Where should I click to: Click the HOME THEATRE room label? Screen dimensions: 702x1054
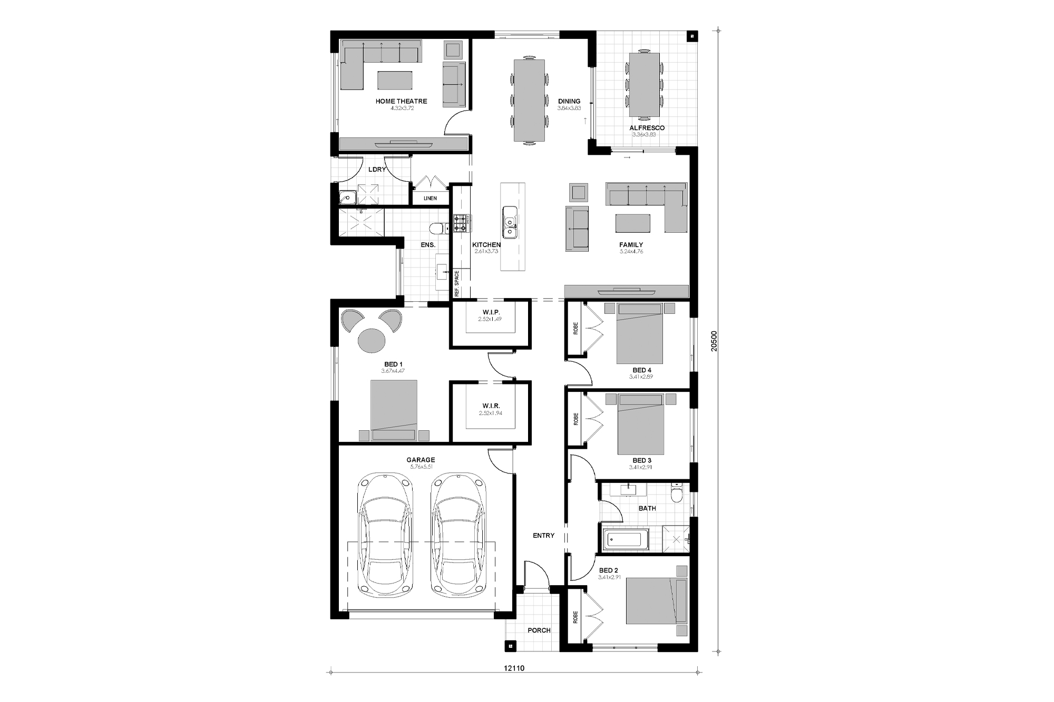pos(401,101)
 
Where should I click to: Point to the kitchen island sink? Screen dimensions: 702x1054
pos(510,222)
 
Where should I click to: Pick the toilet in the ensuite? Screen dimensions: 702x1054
pos(437,228)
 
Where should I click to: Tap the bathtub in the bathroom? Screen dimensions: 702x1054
pos(624,540)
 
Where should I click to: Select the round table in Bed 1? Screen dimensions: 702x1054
pos(372,340)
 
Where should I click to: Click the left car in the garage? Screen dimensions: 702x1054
pos(384,535)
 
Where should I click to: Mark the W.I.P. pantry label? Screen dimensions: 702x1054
pos(491,313)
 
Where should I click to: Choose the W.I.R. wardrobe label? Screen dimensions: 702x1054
pos(491,406)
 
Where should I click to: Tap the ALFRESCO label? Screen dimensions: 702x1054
pos(647,128)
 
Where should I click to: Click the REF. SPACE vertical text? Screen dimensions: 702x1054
pos(457,284)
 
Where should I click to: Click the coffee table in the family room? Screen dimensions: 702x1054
pos(632,222)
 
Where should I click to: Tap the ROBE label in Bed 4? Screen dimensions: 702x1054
pos(575,329)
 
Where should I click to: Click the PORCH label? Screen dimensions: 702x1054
pos(539,630)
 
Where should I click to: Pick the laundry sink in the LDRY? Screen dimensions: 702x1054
pos(348,198)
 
